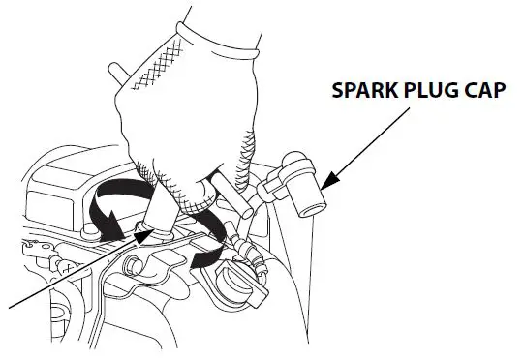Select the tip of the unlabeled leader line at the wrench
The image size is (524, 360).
coord(145,232)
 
